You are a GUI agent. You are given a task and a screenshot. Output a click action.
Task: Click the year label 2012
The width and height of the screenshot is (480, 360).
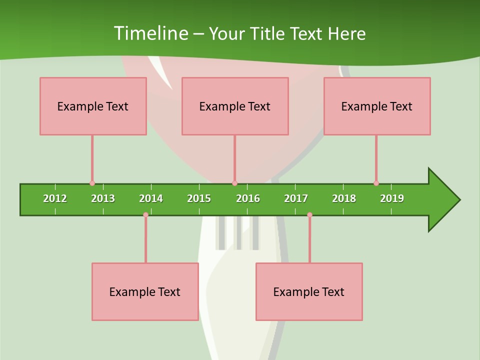(x=55, y=198)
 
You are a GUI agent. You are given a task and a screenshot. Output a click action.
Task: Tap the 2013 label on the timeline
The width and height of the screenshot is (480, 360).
(x=103, y=198)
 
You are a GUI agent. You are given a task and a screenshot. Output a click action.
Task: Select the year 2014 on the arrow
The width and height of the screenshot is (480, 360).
(x=151, y=198)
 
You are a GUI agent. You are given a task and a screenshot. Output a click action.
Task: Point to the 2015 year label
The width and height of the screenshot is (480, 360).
(x=199, y=198)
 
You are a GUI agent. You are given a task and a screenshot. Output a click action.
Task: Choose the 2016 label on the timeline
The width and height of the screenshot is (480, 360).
(x=248, y=198)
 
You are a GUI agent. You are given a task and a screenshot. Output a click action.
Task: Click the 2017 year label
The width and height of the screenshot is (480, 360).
(x=296, y=198)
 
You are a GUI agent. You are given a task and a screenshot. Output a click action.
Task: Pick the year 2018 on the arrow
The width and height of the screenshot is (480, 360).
(x=344, y=198)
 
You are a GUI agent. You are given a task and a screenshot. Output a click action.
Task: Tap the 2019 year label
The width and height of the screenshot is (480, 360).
(x=392, y=198)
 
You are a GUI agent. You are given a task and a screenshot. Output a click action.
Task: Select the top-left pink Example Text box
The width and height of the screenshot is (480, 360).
(x=93, y=106)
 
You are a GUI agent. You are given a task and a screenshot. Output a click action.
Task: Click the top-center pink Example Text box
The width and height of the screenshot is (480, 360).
(x=235, y=106)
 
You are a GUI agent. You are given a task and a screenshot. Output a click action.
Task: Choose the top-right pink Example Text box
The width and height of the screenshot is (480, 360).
(x=377, y=106)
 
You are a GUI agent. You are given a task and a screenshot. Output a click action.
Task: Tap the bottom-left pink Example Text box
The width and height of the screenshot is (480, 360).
(x=145, y=291)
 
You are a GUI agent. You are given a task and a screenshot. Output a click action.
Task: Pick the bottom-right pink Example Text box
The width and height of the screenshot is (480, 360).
(x=309, y=291)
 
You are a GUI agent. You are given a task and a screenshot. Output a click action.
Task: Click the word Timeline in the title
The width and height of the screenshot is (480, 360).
(x=150, y=33)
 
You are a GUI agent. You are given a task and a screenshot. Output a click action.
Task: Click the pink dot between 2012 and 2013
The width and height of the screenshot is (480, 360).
(x=92, y=183)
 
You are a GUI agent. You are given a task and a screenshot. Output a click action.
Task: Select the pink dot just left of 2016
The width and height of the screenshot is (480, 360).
(x=234, y=183)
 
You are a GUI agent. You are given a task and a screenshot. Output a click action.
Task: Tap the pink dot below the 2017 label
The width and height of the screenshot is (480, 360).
(x=309, y=215)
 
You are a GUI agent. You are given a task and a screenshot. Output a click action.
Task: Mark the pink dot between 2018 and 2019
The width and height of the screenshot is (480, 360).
(x=376, y=183)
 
